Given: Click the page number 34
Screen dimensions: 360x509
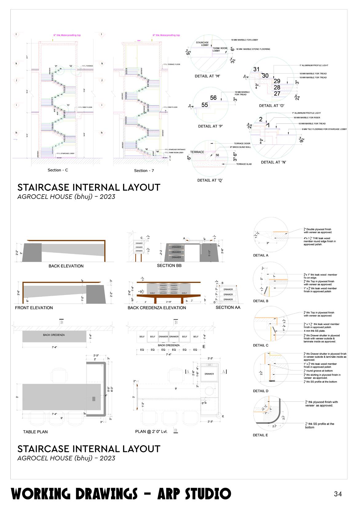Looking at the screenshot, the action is coord(338,494).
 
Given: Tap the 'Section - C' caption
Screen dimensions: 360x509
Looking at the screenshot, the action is coord(58,170).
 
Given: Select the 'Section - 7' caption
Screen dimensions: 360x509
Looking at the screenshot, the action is coord(144,171).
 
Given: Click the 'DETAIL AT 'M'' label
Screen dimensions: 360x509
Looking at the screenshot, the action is coord(207,76).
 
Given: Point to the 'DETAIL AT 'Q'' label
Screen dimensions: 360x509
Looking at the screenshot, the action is coord(210,180).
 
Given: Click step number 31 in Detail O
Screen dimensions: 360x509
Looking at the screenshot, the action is coord(256,69).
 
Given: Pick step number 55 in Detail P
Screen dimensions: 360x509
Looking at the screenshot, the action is coord(205,105).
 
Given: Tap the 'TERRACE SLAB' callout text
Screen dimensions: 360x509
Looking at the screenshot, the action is coord(244,164).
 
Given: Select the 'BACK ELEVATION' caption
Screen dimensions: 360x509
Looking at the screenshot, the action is coord(66,266).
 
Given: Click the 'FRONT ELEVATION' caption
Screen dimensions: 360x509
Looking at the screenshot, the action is coord(34,308).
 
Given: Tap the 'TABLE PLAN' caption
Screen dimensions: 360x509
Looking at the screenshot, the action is coord(35,432).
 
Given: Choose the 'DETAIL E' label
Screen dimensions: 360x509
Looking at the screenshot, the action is coord(260,435).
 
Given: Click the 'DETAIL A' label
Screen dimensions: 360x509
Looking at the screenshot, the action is coord(260,255).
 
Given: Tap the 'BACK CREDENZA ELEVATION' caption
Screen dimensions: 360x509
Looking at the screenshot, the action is coord(157,308).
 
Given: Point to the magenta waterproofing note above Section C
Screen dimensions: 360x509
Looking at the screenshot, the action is coord(67,35).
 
